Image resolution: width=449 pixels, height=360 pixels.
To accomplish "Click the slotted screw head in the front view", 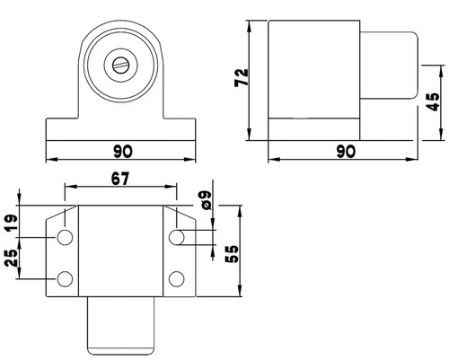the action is [121, 66].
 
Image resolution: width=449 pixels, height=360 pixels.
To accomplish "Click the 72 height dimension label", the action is [242, 77].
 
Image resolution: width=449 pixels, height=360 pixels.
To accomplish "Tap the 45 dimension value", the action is [433, 102].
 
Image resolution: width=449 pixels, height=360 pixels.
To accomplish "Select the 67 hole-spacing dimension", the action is [120, 179].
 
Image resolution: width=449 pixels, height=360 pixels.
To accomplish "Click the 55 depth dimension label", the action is [232, 254].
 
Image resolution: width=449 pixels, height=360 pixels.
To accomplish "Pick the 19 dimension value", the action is [11, 224].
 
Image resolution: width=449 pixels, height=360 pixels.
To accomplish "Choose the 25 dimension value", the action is [11, 258].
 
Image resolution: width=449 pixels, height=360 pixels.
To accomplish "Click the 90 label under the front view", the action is [123, 152].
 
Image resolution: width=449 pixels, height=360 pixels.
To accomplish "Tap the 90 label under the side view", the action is [346, 152].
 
